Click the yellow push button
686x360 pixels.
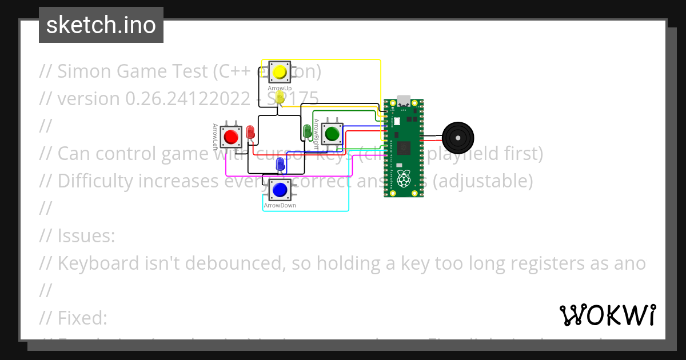point(280,72)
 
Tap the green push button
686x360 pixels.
point(332,134)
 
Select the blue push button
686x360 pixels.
point(280,189)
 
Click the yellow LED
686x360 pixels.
point(280,97)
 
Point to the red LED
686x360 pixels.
point(250,132)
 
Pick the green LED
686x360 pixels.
point(307,131)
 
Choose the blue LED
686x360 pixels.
point(280,165)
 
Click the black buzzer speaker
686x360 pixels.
point(458,138)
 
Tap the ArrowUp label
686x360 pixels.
point(280,89)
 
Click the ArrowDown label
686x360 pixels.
point(280,205)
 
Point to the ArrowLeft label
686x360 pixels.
point(216,137)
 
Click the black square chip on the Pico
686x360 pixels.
point(404,147)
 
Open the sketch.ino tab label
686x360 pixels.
point(101,25)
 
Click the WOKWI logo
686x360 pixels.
point(608,315)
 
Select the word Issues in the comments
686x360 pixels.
point(86,235)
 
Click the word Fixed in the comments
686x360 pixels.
point(82,318)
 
